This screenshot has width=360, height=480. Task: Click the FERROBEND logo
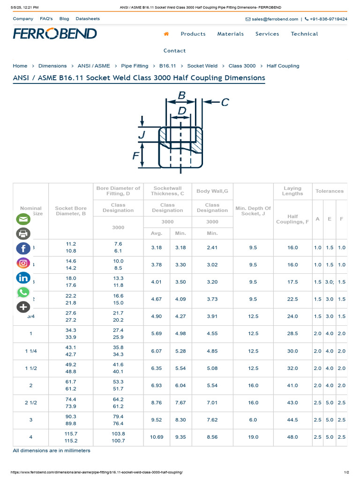click(55, 34)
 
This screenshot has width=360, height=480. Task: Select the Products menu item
click(193, 34)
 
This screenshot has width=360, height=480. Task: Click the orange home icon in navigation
click(166, 34)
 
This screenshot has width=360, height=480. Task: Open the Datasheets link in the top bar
click(88, 19)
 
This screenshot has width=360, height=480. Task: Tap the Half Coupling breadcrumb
click(283, 66)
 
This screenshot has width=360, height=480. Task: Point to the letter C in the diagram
click(225, 102)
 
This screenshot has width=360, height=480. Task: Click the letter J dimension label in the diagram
click(141, 135)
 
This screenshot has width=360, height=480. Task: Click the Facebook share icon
click(23, 248)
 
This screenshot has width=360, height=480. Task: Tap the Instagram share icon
click(23, 263)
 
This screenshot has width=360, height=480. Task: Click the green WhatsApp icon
click(23, 292)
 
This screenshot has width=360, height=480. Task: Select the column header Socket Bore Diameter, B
click(71, 211)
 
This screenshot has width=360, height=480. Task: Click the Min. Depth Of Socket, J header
click(253, 211)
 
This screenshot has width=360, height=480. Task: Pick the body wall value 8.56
click(212, 437)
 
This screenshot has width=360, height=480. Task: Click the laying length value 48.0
click(292, 437)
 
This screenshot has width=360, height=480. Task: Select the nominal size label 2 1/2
click(31, 403)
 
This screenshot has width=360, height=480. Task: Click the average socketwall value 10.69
click(157, 437)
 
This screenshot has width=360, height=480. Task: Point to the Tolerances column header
click(329, 191)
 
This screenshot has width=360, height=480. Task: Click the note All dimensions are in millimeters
click(52, 450)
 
